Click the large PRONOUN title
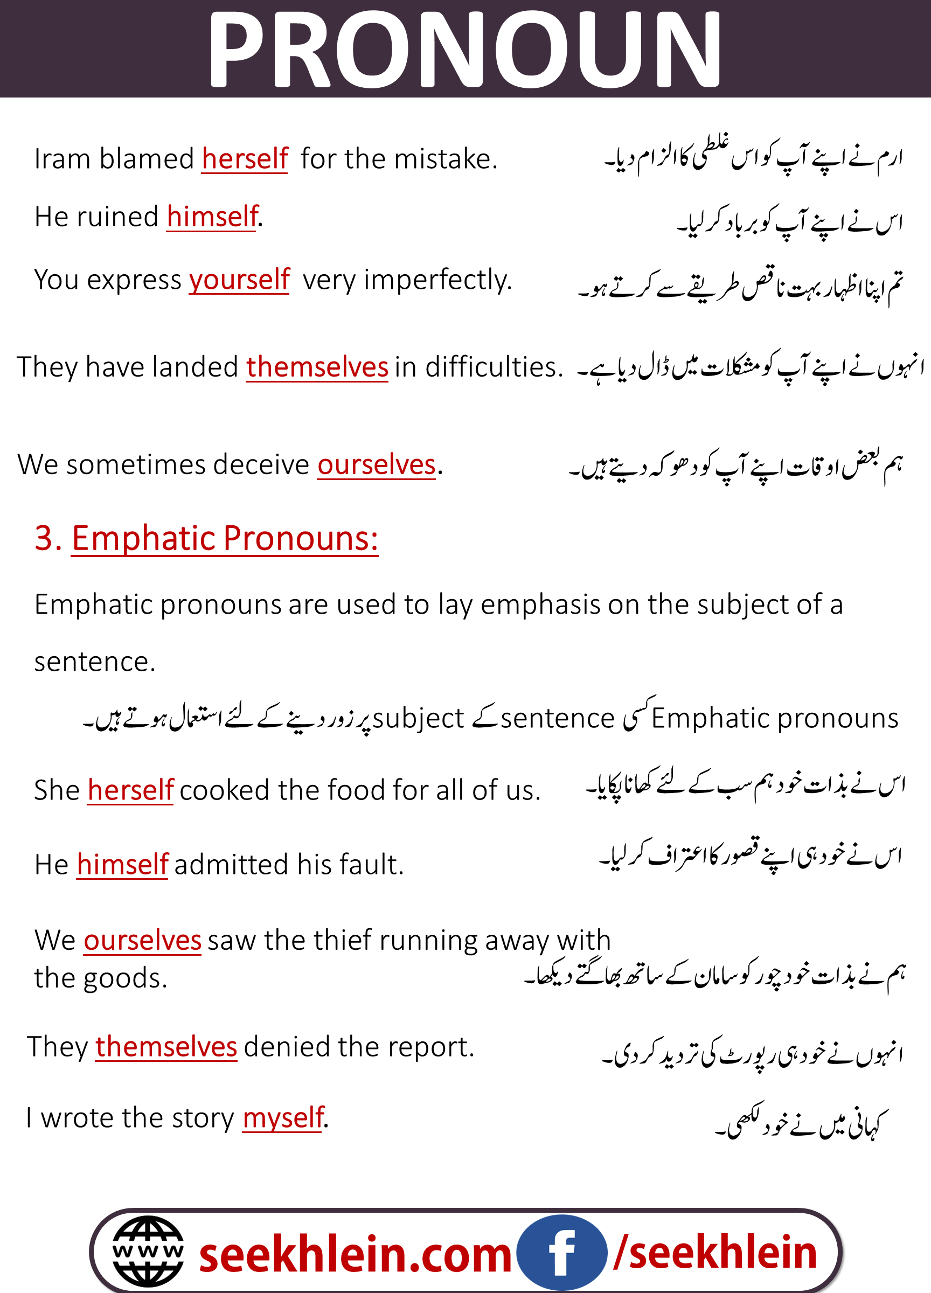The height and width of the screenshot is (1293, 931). (465, 50)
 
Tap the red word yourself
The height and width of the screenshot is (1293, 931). (239, 280)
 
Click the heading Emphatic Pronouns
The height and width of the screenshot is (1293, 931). (225, 538)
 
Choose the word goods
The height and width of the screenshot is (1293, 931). (124, 978)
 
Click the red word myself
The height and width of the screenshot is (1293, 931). (283, 1117)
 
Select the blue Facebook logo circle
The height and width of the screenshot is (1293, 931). (561, 1252)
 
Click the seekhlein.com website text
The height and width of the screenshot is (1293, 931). (355, 1254)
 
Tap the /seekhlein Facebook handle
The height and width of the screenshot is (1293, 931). (715, 1253)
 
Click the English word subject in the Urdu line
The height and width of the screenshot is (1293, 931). (418, 718)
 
